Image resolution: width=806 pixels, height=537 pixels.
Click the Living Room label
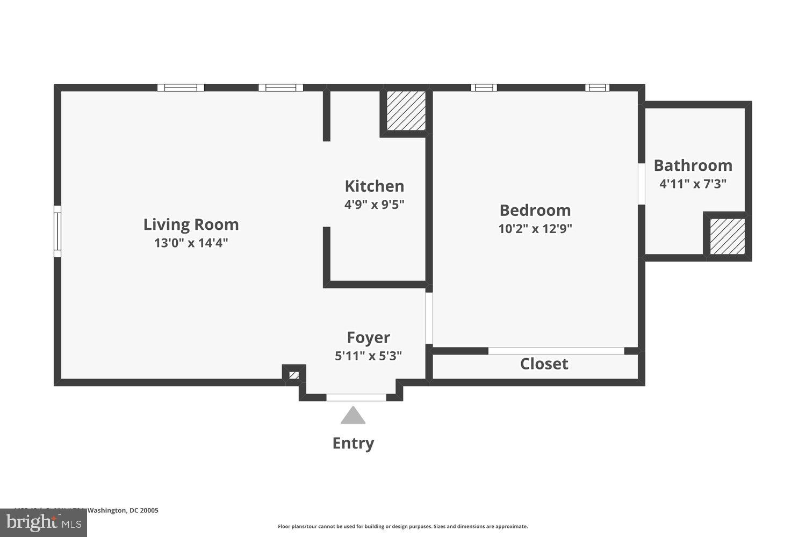191,224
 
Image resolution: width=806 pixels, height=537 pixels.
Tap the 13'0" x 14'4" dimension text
191,243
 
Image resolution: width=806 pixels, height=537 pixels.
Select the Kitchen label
374,186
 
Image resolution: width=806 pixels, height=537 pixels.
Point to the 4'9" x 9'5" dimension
374,205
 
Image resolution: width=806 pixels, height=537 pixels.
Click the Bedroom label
535,210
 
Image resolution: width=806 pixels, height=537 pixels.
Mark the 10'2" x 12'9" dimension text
535,229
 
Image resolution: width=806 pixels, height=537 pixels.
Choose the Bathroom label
693,165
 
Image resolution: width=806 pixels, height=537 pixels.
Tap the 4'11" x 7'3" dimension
693,184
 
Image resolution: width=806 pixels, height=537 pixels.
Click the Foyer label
368,337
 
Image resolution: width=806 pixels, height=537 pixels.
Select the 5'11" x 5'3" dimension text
368,355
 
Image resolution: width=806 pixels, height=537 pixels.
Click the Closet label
544,364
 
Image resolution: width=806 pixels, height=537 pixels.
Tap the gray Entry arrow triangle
353,416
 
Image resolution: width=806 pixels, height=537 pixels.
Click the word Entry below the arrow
353,443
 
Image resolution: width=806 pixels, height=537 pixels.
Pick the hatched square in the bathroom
727,236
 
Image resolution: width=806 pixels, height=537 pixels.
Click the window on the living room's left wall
57,231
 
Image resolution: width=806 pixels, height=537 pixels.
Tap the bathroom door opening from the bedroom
641,184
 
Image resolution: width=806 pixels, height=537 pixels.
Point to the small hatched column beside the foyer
294,375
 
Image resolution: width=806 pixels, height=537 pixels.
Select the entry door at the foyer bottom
356,397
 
